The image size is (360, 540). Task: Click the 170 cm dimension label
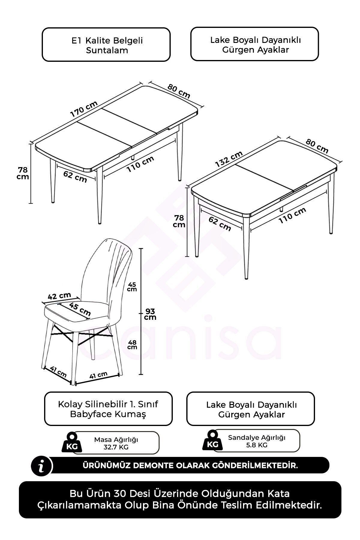[84, 109]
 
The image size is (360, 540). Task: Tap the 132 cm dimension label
[229, 159]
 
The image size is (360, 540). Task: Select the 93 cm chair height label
[150, 314]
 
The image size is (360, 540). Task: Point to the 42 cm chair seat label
[60, 296]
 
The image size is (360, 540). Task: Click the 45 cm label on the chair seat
[80, 309]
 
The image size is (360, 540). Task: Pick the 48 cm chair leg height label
[132, 344]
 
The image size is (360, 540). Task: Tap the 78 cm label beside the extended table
[23, 173]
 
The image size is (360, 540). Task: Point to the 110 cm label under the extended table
[140, 164]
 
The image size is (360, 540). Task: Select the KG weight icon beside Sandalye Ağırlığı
[213, 440]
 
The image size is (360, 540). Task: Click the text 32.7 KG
[116, 447]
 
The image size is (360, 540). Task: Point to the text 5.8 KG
[256, 445]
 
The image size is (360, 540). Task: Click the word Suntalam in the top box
[107, 50]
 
